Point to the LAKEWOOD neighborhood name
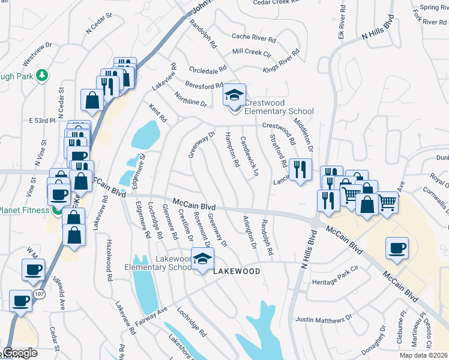tap(237, 271)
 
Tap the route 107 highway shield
tap(39, 295)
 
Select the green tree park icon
tap(42, 75)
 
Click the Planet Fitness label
tap(24, 210)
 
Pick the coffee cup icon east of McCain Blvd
tap(397, 248)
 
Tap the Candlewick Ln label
tap(249, 155)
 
